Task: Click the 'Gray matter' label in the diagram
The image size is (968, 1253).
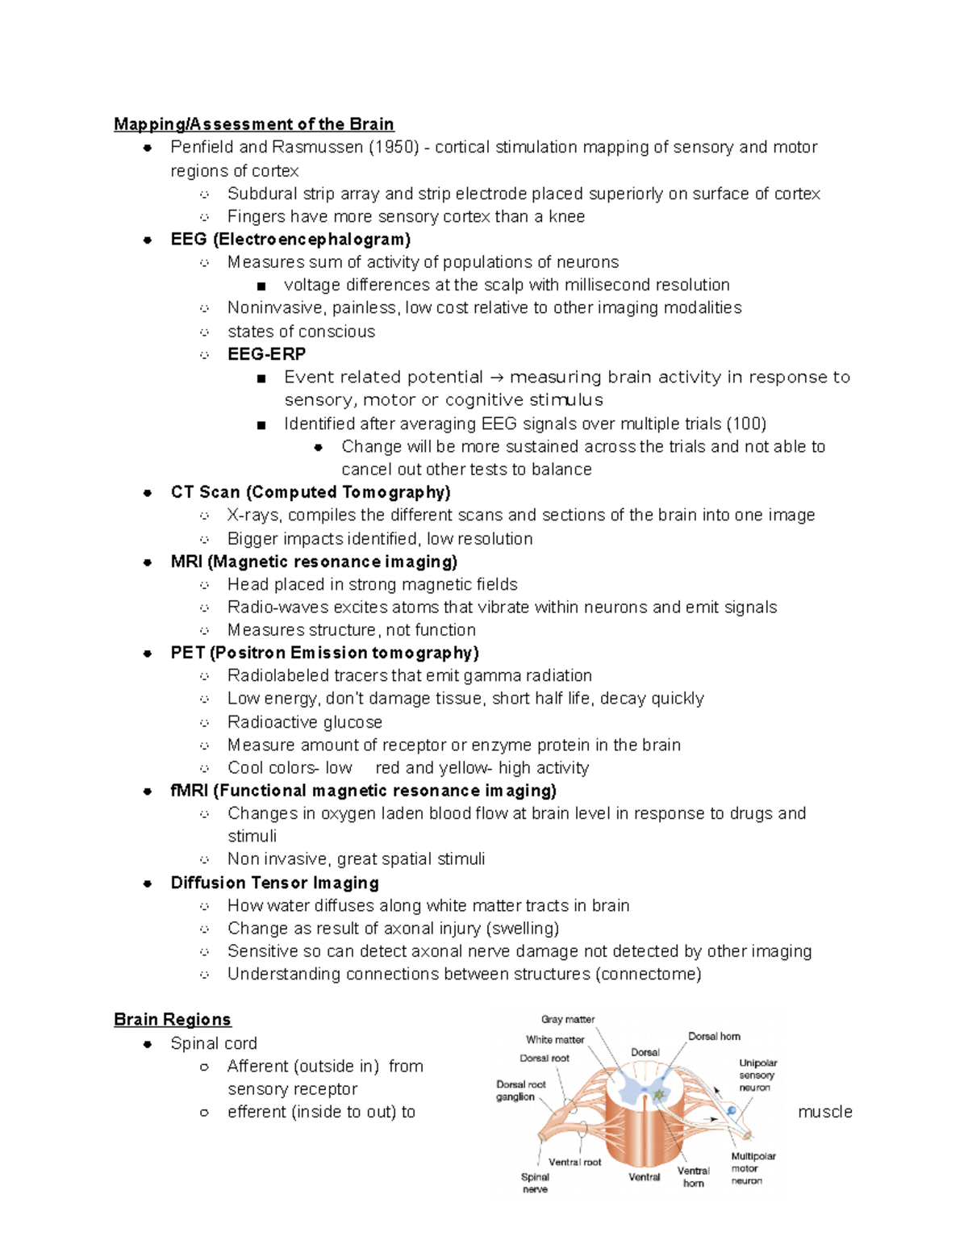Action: (567, 1019)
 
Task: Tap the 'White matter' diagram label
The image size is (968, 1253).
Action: (555, 1039)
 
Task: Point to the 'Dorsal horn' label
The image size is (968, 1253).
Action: (714, 1036)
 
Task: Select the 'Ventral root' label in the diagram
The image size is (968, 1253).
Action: (574, 1162)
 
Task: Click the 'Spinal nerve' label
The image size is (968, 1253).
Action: (535, 1183)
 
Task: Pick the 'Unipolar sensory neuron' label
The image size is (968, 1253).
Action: (757, 1075)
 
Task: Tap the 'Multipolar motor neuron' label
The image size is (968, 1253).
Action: (753, 1167)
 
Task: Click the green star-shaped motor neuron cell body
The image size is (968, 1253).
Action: (659, 1095)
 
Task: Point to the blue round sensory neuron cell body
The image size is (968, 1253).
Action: (732, 1111)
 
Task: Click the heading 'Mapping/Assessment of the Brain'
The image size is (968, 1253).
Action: (253, 124)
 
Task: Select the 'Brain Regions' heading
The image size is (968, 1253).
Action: (173, 1020)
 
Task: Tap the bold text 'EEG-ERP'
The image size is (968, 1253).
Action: (266, 354)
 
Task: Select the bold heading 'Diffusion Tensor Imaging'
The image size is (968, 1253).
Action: (274, 883)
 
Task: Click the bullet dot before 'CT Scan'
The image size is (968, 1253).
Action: (148, 493)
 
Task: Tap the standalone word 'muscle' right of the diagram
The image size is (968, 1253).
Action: (824, 1112)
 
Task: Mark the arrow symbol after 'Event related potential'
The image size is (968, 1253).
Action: (496, 378)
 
